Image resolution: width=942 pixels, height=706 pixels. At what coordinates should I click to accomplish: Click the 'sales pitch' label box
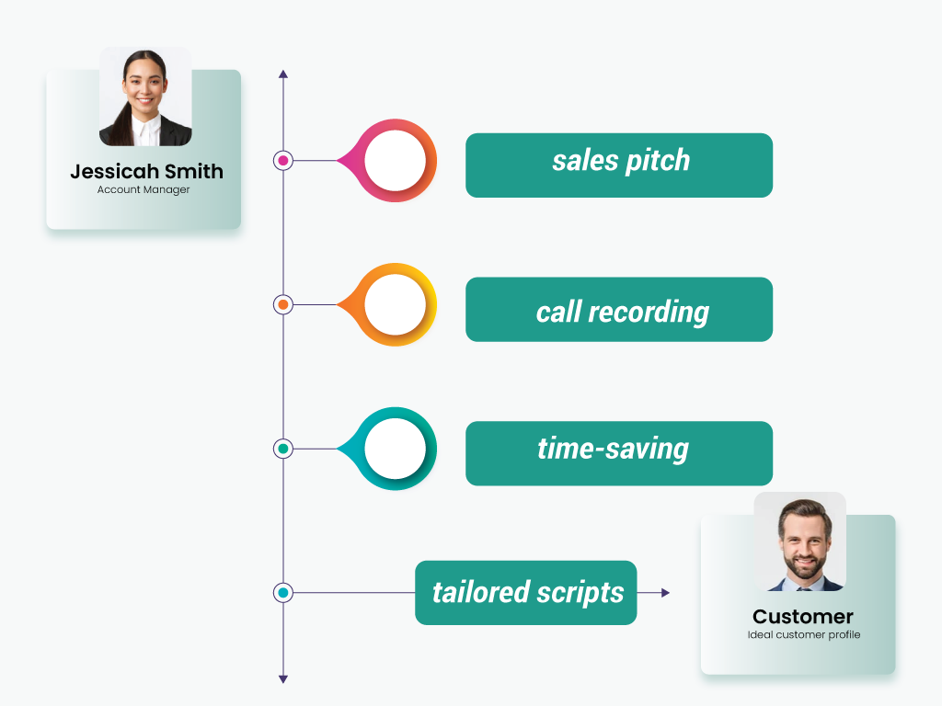pyautogui.click(x=619, y=165)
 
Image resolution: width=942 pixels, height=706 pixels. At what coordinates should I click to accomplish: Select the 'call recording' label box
pyautogui.click(x=619, y=309)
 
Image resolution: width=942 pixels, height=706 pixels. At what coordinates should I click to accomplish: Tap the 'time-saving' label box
pyautogui.click(x=619, y=453)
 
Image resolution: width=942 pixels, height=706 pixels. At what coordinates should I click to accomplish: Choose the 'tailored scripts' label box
pyautogui.click(x=525, y=593)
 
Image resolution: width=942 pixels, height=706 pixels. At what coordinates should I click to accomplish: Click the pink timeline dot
pyautogui.click(x=283, y=160)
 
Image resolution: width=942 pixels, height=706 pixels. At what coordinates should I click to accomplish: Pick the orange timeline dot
pyautogui.click(x=283, y=304)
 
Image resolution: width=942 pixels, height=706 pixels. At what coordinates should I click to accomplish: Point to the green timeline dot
pyautogui.click(x=283, y=449)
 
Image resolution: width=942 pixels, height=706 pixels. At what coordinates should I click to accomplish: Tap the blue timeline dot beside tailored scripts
pyautogui.click(x=283, y=593)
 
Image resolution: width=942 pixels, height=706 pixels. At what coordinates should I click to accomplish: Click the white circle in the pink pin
pyautogui.click(x=395, y=160)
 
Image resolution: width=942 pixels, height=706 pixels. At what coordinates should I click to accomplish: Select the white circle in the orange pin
pyautogui.click(x=395, y=304)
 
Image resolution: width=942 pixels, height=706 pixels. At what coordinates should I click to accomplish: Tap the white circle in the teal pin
pyautogui.click(x=395, y=449)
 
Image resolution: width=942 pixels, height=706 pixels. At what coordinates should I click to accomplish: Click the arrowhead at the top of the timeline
pyautogui.click(x=283, y=74)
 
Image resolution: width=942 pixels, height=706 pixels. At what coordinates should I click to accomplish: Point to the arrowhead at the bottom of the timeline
pyautogui.click(x=283, y=679)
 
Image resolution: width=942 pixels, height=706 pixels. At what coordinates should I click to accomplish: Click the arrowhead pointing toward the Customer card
pyautogui.click(x=665, y=593)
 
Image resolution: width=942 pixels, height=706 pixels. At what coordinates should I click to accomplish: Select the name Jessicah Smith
pyautogui.click(x=146, y=171)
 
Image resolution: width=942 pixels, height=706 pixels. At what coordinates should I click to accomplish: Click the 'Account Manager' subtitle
pyautogui.click(x=144, y=189)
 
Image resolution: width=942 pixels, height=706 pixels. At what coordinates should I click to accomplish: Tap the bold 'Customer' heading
pyautogui.click(x=802, y=617)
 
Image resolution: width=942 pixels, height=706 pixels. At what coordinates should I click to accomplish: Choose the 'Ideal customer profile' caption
pyautogui.click(x=804, y=634)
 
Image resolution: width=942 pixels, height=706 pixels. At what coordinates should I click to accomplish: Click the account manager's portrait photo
pyautogui.click(x=145, y=97)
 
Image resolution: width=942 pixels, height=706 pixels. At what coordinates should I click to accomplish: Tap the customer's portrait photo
pyautogui.click(x=799, y=541)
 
